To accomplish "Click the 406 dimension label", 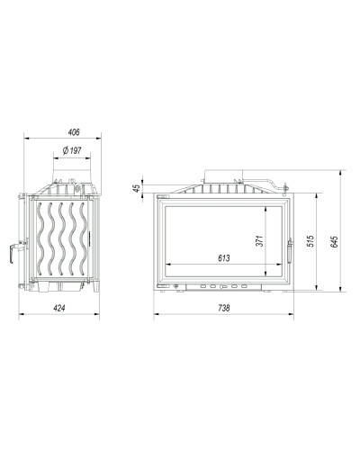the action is [74, 132].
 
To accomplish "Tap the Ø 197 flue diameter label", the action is [72, 150].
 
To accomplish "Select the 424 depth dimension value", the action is [59, 308].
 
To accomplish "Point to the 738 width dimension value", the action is [224, 308].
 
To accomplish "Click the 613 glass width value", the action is [224, 257].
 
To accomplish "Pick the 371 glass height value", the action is [259, 241].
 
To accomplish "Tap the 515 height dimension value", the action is [310, 241].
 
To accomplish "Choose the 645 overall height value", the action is [334, 242].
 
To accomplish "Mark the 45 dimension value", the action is [137, 188].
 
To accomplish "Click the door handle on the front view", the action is [290, 251].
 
